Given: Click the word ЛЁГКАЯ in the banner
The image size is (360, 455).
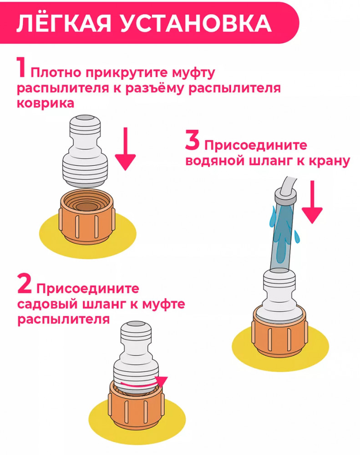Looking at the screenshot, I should tap(62, 24).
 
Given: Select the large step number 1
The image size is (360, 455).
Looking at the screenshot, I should tap(22, 67).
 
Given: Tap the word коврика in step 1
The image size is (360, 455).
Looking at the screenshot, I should tap(45, 103).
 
